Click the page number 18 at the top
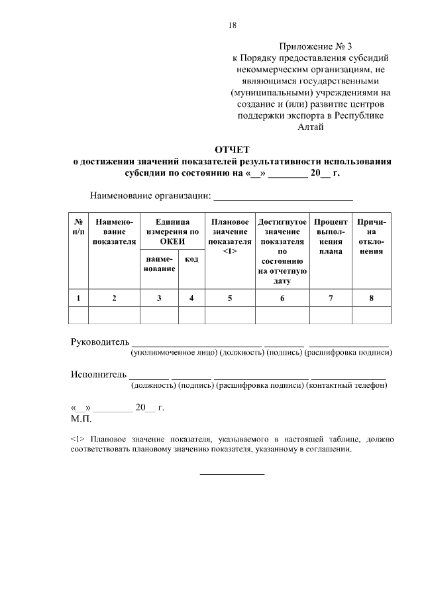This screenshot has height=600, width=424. pyautogui.click(x=233, y=25)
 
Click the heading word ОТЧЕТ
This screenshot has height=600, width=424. pyautogui.click(x=232, y=149)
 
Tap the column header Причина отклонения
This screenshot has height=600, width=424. pyautogui.click(x=371, y=237)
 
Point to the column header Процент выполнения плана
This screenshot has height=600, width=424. pyautogui.click(x=331, y=237)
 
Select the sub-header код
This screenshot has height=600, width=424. pyautogui.click(x=191, y=259)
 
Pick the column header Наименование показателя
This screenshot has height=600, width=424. pyautogui.click(x=114, y=232)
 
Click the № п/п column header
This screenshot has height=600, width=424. pyautogui.click(x=79, y=227)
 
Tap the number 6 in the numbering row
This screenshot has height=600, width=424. pyautogui.click(x=282, y=298)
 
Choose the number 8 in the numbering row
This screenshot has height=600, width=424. pyautogui.click(x=371, y=298)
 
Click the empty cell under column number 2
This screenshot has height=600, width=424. pyautogui.click(x=114, y=315)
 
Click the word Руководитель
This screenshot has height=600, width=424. pyautogui.click(x=99, y=341)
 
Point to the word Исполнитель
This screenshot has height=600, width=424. pyautogui.click(x=98, y=375)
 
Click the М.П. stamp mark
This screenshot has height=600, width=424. pyautogui.click(x=81, y=419)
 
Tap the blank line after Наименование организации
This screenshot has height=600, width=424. pyautogui.click(x=283, y=197)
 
